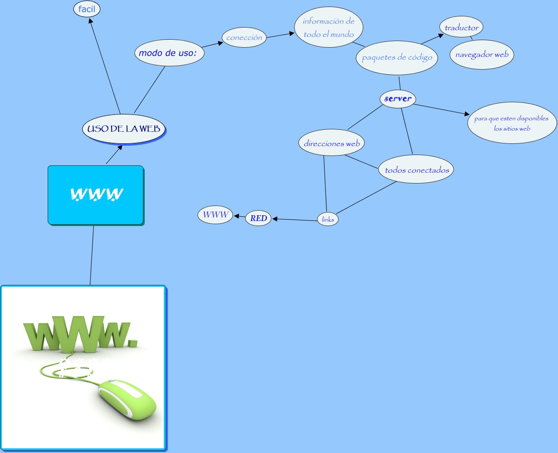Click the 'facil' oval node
click(x=87, y=9)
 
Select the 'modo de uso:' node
click(x=170, y=53)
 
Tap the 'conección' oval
click(x=244, y=37)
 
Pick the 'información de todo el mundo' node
click(x=329, y=28)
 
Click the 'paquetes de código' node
click(x=397, y=58)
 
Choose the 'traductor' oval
click(x=461, y=28)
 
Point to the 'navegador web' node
click(x=482, y=55)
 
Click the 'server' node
click(x=398, y=99)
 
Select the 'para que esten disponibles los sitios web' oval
click(x=512, y=123)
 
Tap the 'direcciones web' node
click(x=332, y=143)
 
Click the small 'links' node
click(x=328, y=219)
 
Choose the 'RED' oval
click(x=258, y=218)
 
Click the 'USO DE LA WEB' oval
click(x=124, y=128)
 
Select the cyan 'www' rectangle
click(x=96, y=194)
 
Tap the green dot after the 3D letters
click(x=133, y=342)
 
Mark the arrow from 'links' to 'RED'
click(x=294, y=219)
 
